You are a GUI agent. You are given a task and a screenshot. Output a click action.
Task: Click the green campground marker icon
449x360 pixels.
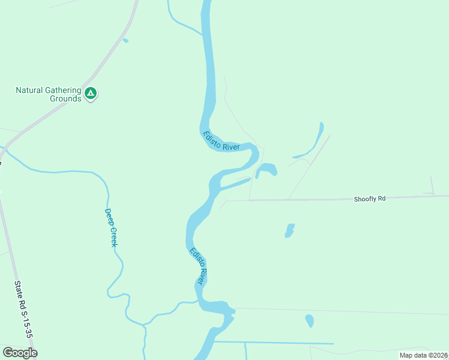[91, 93]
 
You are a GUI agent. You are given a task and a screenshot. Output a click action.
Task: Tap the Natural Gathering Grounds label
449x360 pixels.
[48, 94]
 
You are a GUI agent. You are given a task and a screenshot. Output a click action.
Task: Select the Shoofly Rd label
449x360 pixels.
[369, 199]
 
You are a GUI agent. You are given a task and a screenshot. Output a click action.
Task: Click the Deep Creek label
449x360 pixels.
[111, 227]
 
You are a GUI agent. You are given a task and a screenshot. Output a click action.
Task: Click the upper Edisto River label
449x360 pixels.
[221, 142]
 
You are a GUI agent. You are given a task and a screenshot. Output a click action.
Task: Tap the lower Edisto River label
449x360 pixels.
[199, 266]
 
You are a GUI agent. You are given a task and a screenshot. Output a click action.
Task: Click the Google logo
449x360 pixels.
[20, 353]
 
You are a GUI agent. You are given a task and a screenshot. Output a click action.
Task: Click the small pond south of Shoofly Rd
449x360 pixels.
[289, 231]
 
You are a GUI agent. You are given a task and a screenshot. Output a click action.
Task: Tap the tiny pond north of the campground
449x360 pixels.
[125, 41]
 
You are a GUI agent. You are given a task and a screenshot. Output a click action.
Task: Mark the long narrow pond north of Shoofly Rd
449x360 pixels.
[313, 142]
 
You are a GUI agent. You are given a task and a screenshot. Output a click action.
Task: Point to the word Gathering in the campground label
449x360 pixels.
[63, 91]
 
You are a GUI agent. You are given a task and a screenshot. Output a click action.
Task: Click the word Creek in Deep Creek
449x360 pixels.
[113, 236]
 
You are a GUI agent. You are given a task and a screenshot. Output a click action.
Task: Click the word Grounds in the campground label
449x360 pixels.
[65, 98]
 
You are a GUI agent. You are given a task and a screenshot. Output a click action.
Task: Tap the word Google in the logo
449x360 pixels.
[20, 353]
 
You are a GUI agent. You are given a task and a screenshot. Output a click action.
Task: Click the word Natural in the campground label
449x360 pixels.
[29, 91]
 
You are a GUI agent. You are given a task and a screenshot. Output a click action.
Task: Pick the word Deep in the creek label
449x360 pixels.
[109, 217]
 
